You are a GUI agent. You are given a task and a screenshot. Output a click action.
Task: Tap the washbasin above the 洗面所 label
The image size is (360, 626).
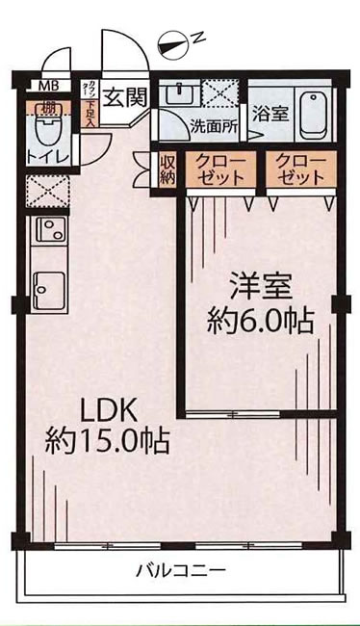[x=180, y=96]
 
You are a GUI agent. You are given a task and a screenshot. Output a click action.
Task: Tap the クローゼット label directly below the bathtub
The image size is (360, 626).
[x=299, y=170]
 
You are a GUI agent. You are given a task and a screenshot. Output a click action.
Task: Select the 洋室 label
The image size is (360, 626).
[x=260, y=286]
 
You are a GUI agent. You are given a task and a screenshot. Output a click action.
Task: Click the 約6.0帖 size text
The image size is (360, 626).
[x=260, y=320]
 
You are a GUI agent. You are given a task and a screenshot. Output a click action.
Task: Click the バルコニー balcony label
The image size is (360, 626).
[x=180, y=570]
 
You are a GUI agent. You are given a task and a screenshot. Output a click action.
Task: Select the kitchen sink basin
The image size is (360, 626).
[x=46, y=286]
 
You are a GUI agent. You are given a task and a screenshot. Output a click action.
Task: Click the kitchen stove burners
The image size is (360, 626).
[x=46, y=230]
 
